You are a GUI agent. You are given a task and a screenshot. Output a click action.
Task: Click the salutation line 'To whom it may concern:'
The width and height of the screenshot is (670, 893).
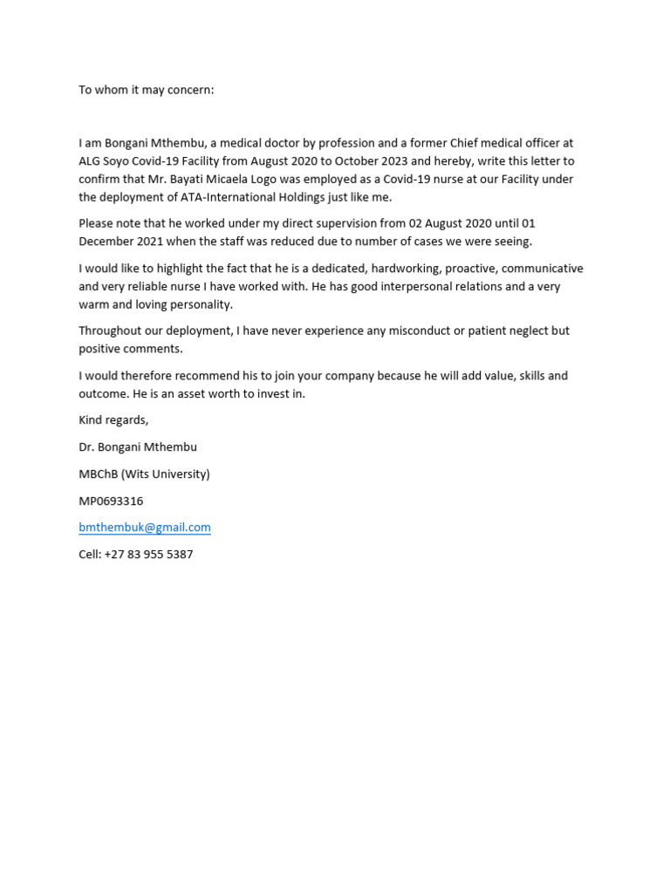(x=146, y=90)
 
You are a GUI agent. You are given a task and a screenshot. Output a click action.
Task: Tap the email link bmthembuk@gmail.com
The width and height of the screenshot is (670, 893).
(x=145, y=528)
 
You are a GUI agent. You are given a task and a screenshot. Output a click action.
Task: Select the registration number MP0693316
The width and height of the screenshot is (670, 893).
(x=111, y=501)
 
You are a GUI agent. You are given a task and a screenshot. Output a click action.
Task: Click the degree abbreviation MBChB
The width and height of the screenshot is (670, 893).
(x=98, y=474)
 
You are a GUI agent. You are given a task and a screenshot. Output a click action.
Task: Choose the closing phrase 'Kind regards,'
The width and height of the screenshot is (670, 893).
(x=113, y=420)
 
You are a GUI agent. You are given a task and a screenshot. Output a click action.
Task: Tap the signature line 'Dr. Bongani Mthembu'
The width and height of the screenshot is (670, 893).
(x=138, y=447)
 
